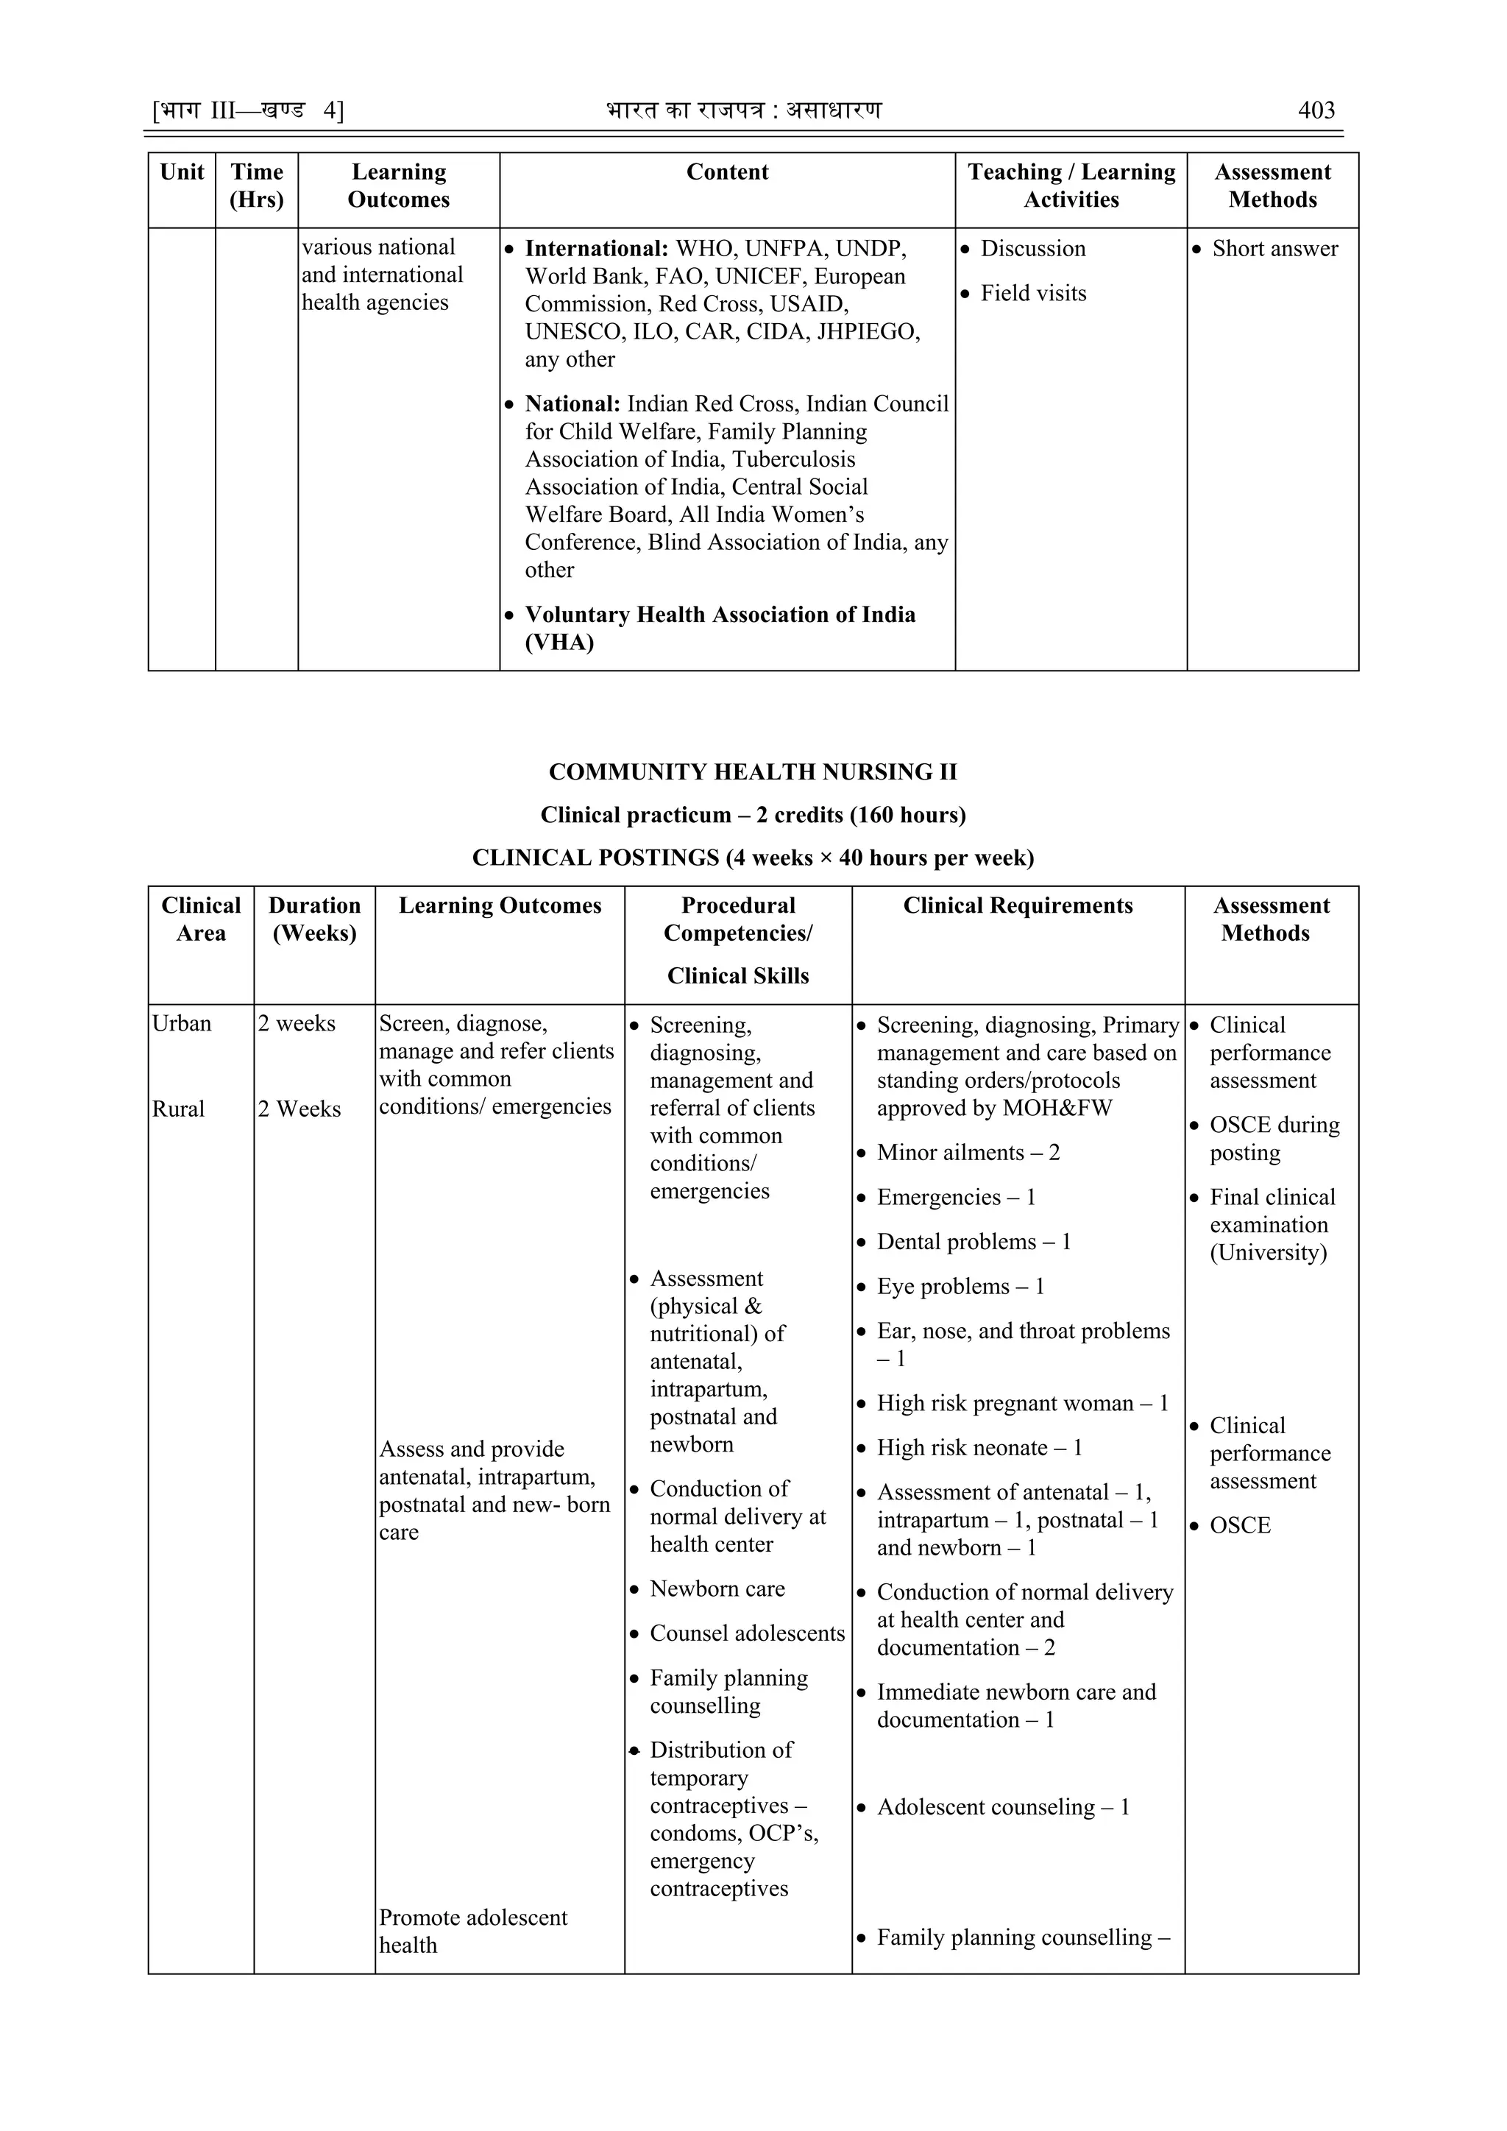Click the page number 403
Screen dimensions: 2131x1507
click(x=1315, y=110)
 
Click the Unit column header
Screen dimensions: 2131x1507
click(x=182, y=173)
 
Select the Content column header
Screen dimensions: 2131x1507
click(x=726, y=173)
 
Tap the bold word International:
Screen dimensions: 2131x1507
click(x=596, y=249)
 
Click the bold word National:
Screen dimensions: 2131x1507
click(x=572, y=403)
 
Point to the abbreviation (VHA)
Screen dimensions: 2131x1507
click(x=559, y=643)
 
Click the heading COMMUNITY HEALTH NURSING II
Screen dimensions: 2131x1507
click(x=753, y=772)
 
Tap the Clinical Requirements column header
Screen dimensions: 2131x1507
click(x=1017, y=906)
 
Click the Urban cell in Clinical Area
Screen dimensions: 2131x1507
click(x=182, y=1024)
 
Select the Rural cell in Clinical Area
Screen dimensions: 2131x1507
click(x=178, y=1109)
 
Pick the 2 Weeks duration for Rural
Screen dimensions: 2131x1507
click(x=299, y=1109)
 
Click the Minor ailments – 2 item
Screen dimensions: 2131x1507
click(x=967, y=1153)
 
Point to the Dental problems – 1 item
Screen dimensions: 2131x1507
click(x=973, y=1242)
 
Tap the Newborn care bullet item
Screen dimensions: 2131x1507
click(x=717, y=1589)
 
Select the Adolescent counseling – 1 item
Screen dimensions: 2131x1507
click(x=1002, y=1807)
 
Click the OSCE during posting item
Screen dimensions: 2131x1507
click(x=1273, y=1139)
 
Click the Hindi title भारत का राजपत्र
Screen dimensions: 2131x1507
click(x=686, y=110)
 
